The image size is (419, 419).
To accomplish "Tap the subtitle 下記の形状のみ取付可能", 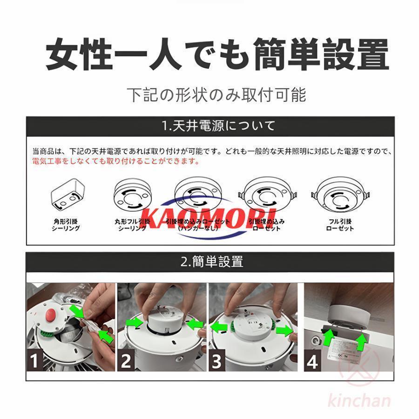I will (x=217, y=95).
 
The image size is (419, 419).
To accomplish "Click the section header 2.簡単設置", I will (x=211, y=261).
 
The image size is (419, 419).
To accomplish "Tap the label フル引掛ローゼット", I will (x=340, y=225).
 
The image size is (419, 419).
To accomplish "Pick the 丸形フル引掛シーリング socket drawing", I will (x=133, y=196).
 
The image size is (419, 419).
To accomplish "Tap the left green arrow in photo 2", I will (x=135, y=321).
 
